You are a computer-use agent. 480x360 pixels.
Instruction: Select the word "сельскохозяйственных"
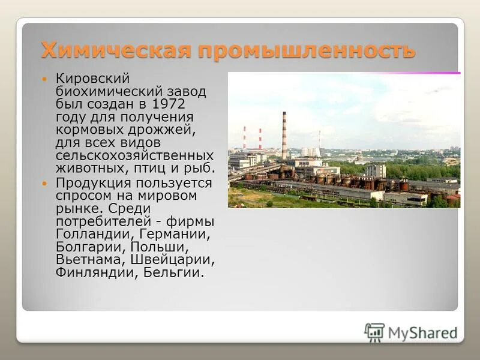[134, 156]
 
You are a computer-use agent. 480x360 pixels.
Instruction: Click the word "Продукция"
[93, 182]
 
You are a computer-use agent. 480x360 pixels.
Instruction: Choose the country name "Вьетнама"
[91, 260]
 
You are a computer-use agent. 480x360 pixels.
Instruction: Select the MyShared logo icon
[374, 332]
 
